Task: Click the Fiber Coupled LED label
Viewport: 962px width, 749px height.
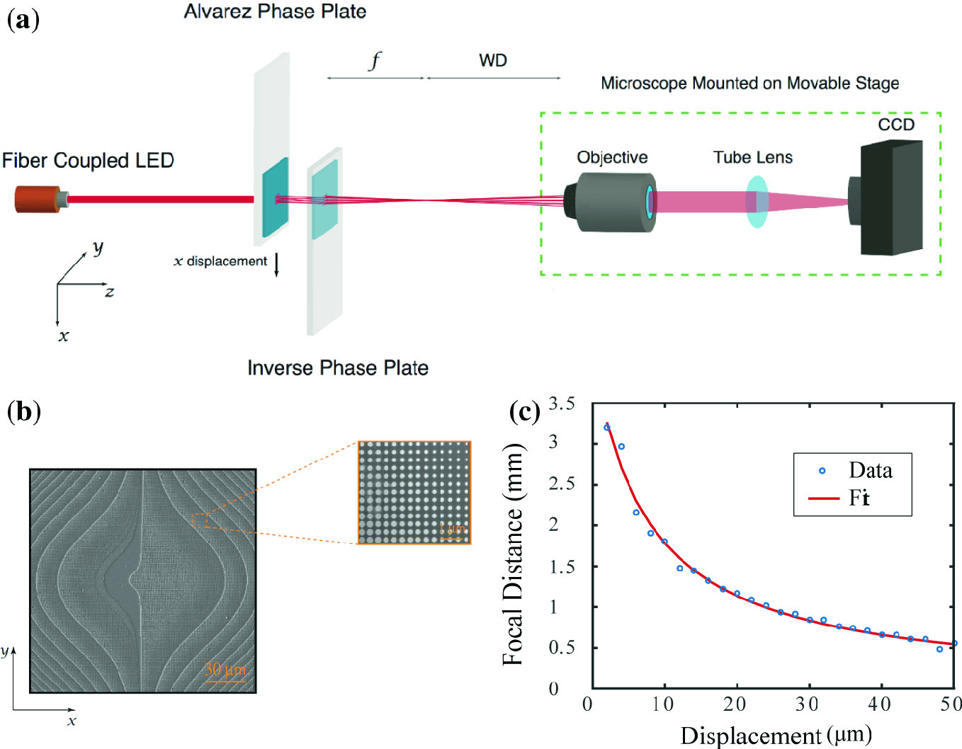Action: pyautogui.click(x=88, y=161)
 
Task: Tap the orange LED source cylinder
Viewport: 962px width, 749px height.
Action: pyautogui.click(x=38, y=199)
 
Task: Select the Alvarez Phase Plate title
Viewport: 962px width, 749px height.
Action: pyautogui.click(x=275, y=11)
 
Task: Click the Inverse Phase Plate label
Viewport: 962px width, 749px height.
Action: pyautogui.click(x=338, y=368)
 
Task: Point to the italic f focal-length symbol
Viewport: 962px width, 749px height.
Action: pyautogui.click(x=375, y=60)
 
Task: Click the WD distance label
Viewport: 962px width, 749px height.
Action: pyautogui.click(x=493, y=61)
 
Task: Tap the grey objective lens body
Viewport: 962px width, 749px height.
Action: pyautogui.click(x=613, y=201)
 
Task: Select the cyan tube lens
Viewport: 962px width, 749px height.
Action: pyautogui.click(x=757, y=202)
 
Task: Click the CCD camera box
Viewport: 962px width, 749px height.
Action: pyautogui.click(x=891, y=198)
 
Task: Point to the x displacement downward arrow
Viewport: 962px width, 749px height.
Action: pyautogui.click(x=277, y=263)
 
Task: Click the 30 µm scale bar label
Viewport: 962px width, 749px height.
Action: pyautogui.click(x=225, y=669)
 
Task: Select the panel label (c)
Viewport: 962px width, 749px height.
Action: pyautogui.click(x=525, y=411)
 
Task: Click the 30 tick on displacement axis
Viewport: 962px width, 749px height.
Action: pyautogui.click(x=807, y=704)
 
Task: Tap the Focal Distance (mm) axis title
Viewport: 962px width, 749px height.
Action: pyautogui.click(x=513, y=554)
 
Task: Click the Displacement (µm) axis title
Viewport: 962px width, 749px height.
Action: pyautogui.click(x=776, y=735)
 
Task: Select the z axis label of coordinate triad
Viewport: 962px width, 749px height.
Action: pyautogui.click(x=109, y=292)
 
